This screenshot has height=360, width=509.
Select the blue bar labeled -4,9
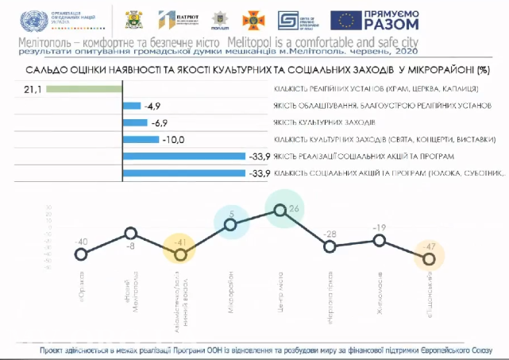132,105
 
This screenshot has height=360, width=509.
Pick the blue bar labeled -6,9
136,122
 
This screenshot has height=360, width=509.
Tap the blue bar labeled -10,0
142,139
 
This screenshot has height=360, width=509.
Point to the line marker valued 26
280,210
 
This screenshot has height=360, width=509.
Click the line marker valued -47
430,257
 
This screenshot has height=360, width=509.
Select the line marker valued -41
180,254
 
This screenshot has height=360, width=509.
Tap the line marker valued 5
230,225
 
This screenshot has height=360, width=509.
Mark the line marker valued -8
130,233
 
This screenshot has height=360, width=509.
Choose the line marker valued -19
380,240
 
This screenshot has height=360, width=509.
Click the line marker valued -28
330,246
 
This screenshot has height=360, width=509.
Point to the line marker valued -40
80,254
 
